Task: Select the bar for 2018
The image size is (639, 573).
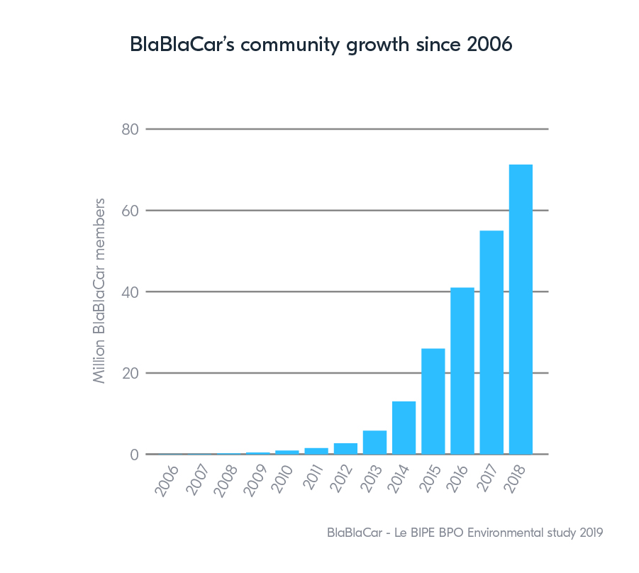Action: click(521, 309)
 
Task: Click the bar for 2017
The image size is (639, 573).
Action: click(491, 342)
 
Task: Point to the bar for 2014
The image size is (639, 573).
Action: click(404, 427)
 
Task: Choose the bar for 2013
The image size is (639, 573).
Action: click(374, 442)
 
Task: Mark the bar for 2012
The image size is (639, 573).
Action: click(345, 448)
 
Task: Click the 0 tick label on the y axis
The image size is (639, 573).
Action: click(133, 455)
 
